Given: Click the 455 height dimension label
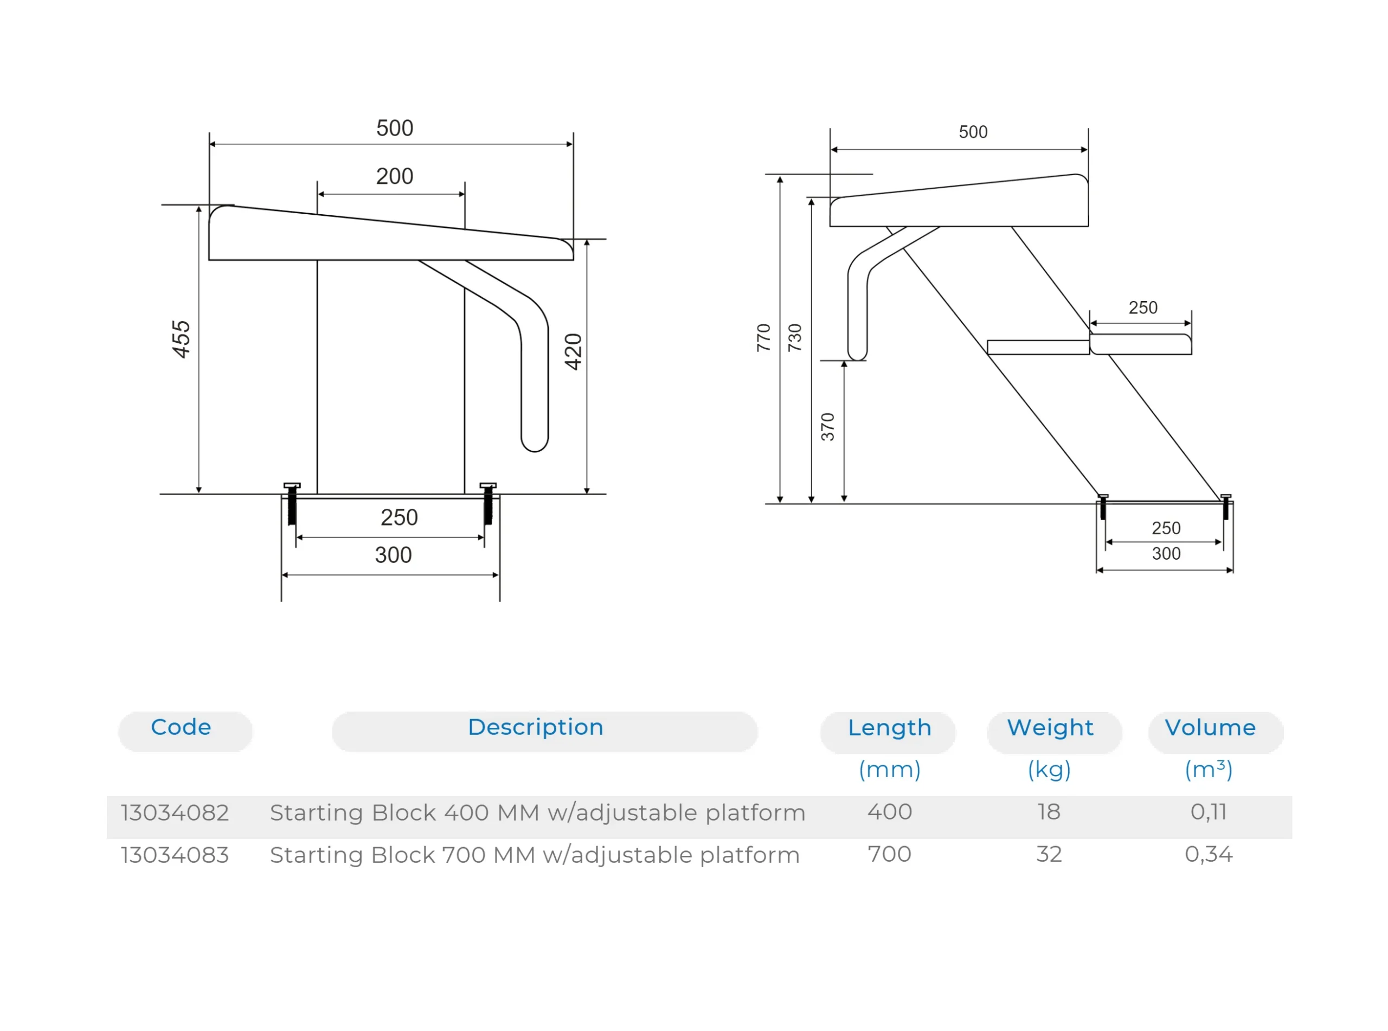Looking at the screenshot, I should click(x=181, y=340).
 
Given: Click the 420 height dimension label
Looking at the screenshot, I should click(x=573, y=352).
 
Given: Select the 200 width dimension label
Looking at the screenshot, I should click(x=394, y=177).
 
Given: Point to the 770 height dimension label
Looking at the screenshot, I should click(x=763, y=338).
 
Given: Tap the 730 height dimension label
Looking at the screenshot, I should click(x=795, y=338).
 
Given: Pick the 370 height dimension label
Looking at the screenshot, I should click(x=828, y=427).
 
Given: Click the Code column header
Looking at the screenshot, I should click(x=181, y=727).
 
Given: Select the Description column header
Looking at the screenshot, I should click(x=535, y=727).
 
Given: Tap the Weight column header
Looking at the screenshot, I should click(x=1050, y=728).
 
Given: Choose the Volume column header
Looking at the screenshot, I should click(x=1210, y=728).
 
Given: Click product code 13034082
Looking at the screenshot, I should click(x=175, y=812).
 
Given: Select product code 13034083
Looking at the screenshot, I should click(x=175, y=855).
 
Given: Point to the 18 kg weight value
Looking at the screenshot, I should click(x=1049, y=812).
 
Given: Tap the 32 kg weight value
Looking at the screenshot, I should click(x=1049, y=854).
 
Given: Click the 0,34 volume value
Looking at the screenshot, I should click(x=1209, y=854).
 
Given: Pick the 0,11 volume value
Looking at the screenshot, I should click(x=1209, y=812).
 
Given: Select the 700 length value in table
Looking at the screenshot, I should click(x=890, y=854).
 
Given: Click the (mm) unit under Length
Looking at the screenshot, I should click(x=890, y=770).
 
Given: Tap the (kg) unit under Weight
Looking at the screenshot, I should click(x=1049, y=770).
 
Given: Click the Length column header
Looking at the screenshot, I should click(x=890, y=728).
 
